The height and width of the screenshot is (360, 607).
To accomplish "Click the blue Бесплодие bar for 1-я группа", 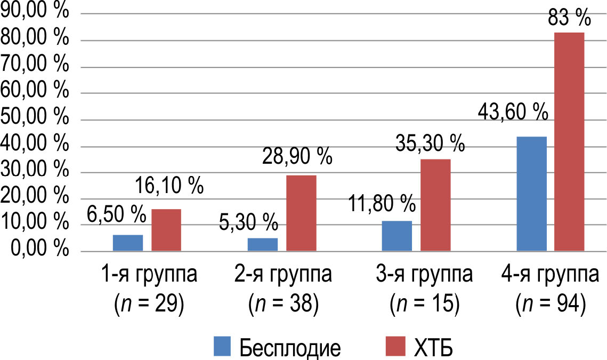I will point(128,243).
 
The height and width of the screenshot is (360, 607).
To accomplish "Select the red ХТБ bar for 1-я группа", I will point(166,230).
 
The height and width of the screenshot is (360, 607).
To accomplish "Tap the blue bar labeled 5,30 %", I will point(263,244).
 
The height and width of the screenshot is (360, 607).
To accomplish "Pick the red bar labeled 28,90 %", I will point(301,213).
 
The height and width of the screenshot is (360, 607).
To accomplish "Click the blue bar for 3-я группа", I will point(397,236).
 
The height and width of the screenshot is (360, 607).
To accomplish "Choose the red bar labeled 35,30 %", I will point(435,205).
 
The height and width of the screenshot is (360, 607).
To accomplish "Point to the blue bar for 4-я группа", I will point(532,194).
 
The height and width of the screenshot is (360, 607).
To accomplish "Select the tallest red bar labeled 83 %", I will point(570,141).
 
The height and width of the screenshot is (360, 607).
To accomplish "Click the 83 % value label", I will point(569,19).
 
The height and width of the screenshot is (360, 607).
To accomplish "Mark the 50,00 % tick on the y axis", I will point(35,118).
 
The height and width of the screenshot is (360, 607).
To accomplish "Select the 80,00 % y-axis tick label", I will point(35,39).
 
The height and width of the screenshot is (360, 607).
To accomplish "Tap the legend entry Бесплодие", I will point(290,348).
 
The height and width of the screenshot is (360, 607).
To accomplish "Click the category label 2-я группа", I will point(283,276).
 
